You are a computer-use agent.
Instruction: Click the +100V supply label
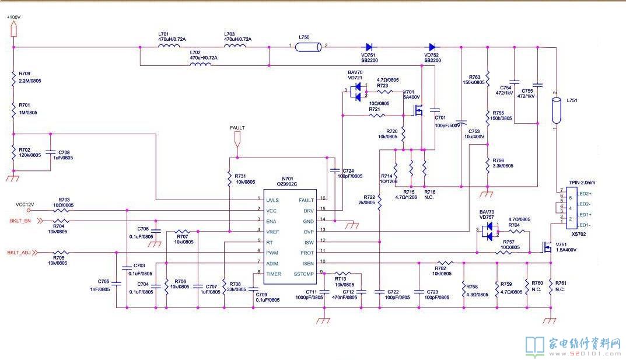coord(13,18)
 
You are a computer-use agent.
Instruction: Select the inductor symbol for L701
coord(169,47)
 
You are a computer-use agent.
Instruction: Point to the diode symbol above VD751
coord(369,47)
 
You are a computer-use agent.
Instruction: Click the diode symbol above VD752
coord(432,47)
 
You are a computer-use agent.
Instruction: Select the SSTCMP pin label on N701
coord(304,274)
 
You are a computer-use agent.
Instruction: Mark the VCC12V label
coord(25,205)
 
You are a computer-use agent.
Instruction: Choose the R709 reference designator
coord(25,74)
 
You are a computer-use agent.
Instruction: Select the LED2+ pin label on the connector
coord(585,193)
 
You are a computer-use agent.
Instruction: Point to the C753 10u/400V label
coord(476,134)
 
